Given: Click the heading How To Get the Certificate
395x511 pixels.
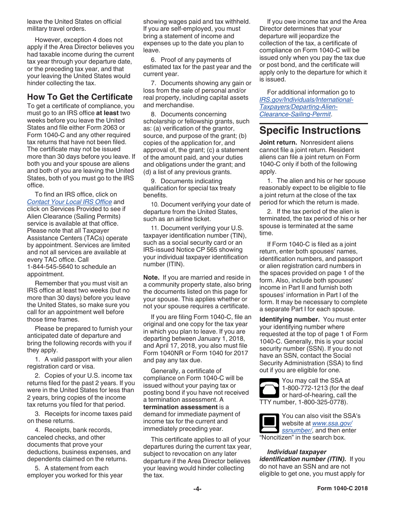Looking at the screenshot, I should click(x=80, y=97).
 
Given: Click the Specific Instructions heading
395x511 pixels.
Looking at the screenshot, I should click(x=310, y=130).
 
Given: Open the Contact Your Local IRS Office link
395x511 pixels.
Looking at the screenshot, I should click(x=69, y=202).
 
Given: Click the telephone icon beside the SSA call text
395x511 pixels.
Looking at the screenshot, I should click(x=269, y=388).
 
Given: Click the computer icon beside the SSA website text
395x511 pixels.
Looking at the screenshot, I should click(x=269, y=423).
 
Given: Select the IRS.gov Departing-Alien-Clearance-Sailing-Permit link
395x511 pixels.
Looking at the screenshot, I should click(x=306, y=107).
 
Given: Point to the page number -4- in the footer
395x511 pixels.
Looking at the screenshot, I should click(x=197, y=489).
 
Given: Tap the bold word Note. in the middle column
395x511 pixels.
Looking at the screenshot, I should click(x=151, y=278).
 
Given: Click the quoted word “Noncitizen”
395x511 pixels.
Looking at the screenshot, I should click(x=279, y=437).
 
